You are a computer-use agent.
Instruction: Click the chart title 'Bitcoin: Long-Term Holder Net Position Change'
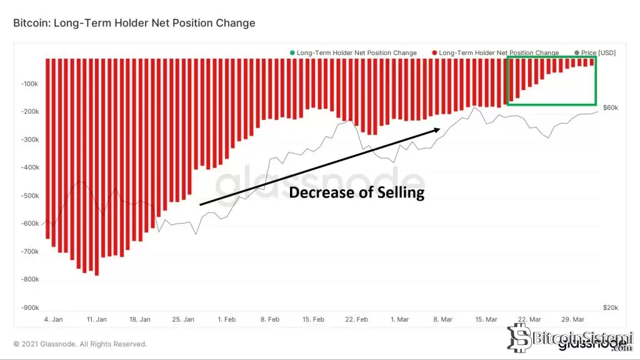pyautogui.click(x=134, y=23)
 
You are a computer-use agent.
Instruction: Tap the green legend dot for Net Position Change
pyautogui.click(x=292, y=53)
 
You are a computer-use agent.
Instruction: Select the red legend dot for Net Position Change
pyautogui.click(x=434, y=53)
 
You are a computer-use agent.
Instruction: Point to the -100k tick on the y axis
pyautogui.click(x=29, y=84)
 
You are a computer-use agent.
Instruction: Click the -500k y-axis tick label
pyautogui.click(x=29, y=196)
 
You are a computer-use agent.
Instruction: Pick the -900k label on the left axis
pyautogui.click(x=29, y=308)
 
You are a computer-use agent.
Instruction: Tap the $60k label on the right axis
pyautogui.click(x=611, y=108)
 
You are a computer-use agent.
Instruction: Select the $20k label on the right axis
pyautogui.click(x=611, y=308)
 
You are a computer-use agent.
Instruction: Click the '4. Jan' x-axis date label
pyautogui.click(x=53, y=319)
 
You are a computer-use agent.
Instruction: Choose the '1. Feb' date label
pyautogui.click(x=226, y=319)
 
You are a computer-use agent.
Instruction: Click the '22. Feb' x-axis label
pyautogui.click(x=357, y=319)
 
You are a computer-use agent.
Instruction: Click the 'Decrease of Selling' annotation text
pyautogui.click(x=356, y=192)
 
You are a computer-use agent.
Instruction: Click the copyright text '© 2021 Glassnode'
pyautogui.click(x=80, y=344)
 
